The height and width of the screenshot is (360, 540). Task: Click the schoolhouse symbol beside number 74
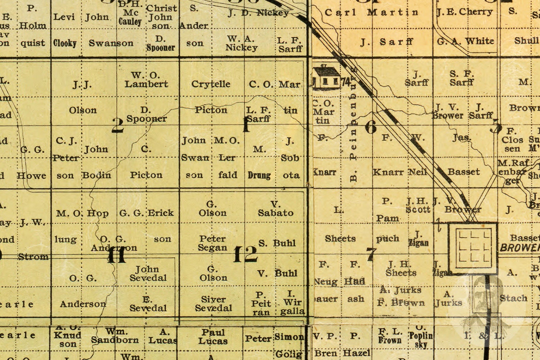pyautogui.click(x=326, y=77)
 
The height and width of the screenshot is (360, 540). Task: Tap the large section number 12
pyautogui.click(x=245, y=254)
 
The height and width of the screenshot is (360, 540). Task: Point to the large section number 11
pyautogui.click(x=117, y=256)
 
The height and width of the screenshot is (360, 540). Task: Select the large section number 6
pyautogui.click(x=371, y=127)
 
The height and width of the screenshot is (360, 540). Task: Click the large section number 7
pyautogui.click(x=371, y=254)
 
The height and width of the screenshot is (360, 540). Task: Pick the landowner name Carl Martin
pyautogui.click(x=371, y=13)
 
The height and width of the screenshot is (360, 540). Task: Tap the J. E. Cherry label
pyautogui.click(x=464, y=12)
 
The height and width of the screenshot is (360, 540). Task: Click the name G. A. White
pyautogui.click(x=465, y=41)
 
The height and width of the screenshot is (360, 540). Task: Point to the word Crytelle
pyautogui.click(x=211, y=84)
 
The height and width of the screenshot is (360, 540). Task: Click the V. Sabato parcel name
pyautogui.click(x=275, y=208)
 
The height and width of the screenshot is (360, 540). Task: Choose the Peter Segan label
pyautogui.click(x=212, y=243)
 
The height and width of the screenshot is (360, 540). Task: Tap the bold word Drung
pyautogui.click(x=259, y=175)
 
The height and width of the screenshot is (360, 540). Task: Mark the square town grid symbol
pyautogui.click(x=473, y=247)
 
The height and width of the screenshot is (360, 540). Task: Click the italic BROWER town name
pyautogui.click(x=519, y=248)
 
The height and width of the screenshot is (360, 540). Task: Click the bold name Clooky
pyautogui.click(x=65, y=43)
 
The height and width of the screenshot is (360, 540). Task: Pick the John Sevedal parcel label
pyautogui.click(x=148, y=273)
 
